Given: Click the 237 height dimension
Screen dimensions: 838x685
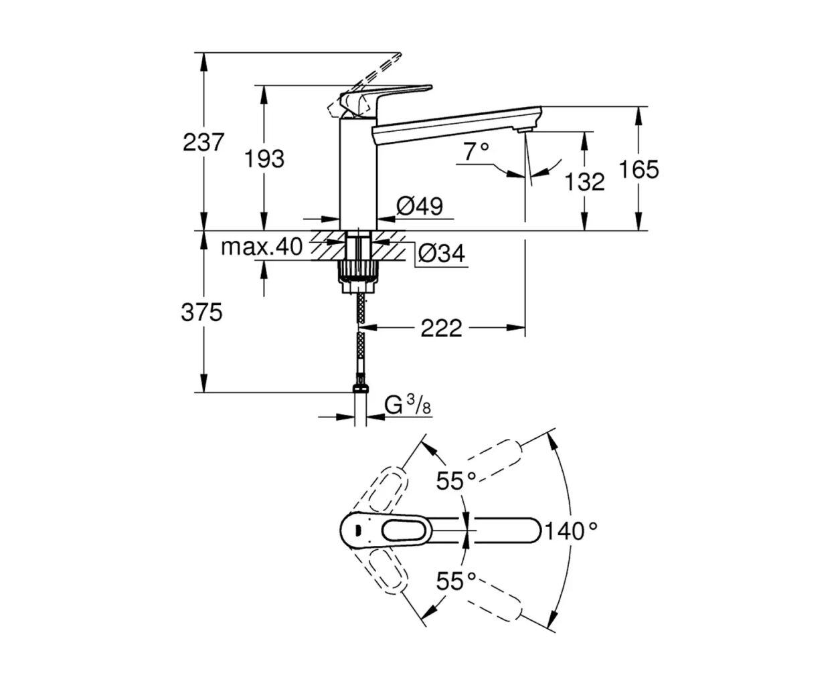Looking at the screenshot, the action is [203, 142].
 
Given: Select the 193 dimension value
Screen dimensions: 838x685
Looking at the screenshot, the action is [264, 159].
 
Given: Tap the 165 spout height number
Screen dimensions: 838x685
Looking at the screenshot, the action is [639, 169].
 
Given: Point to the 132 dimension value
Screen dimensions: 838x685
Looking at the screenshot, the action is [584, 182].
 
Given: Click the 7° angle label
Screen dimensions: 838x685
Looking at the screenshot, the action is [476, 151].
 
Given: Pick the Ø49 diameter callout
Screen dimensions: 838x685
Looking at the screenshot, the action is [420, 206].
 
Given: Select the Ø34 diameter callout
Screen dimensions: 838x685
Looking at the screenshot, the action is [442, 253].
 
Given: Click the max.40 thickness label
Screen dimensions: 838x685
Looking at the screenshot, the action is [262, 247].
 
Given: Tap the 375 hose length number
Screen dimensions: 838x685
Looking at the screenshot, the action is [201, 312].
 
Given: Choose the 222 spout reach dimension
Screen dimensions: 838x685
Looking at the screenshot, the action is [442, 328].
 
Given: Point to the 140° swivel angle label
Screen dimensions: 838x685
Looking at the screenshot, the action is [571, 531].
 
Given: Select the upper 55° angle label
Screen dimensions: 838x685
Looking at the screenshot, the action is [456, 481].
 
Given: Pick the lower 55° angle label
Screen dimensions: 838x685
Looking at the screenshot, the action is [456, 581].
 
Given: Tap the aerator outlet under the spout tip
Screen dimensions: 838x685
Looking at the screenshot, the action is [525, 130].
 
